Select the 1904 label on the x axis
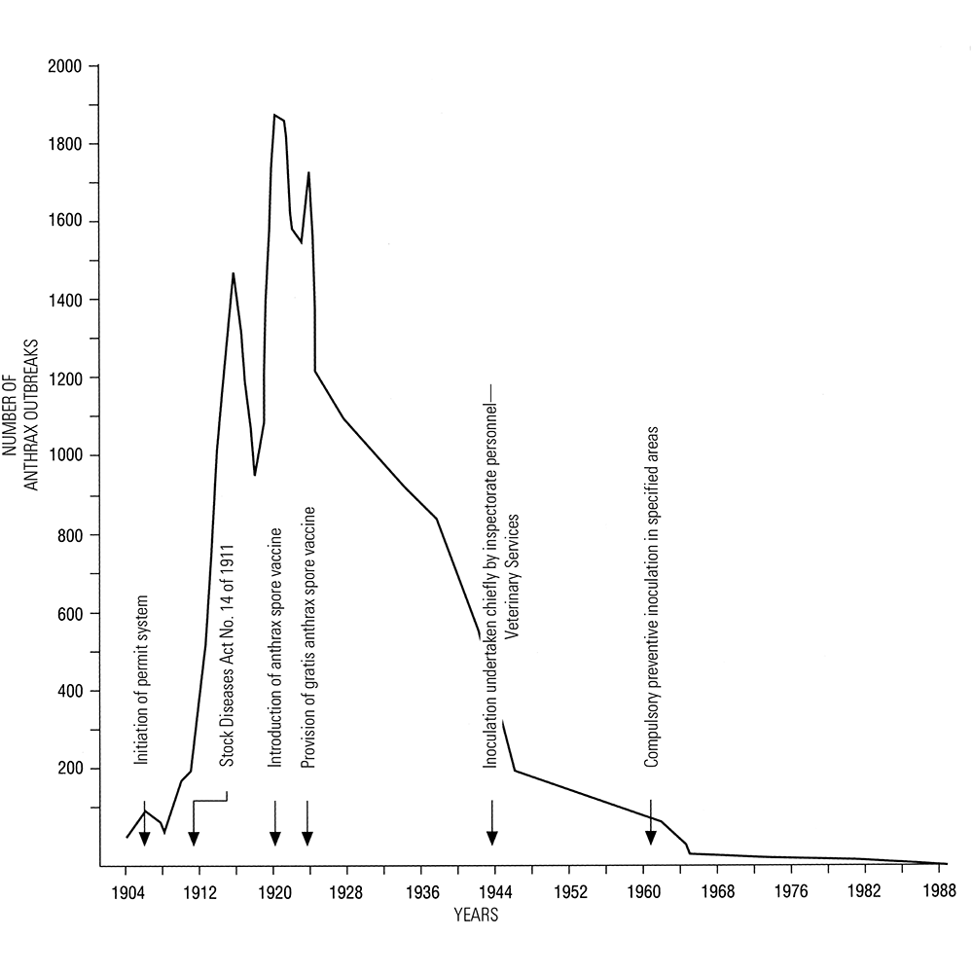(126, 891)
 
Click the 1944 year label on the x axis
(493, 891)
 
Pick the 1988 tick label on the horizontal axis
(938, 891)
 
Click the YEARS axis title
(478, 916)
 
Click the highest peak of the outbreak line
(274, 115)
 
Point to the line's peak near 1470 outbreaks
(234, 273)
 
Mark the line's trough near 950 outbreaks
(255, 475)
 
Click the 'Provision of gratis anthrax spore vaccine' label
(307, 638)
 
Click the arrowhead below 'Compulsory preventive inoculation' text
(650, 838)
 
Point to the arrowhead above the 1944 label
(492, 838)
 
